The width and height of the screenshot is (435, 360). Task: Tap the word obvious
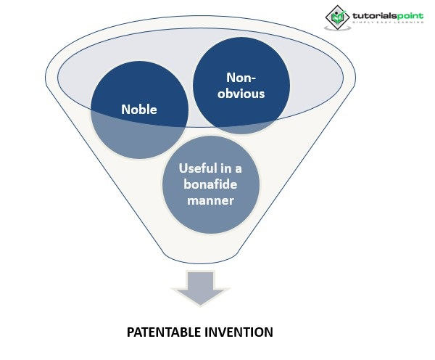[241, 93]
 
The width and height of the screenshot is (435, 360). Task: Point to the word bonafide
[210, 184]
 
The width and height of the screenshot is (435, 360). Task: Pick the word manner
[210, 200]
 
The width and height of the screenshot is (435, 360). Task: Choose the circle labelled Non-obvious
[241, 86]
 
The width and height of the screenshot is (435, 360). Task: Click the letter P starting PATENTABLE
[130, 332]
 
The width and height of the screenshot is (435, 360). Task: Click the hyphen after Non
[254, 78]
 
